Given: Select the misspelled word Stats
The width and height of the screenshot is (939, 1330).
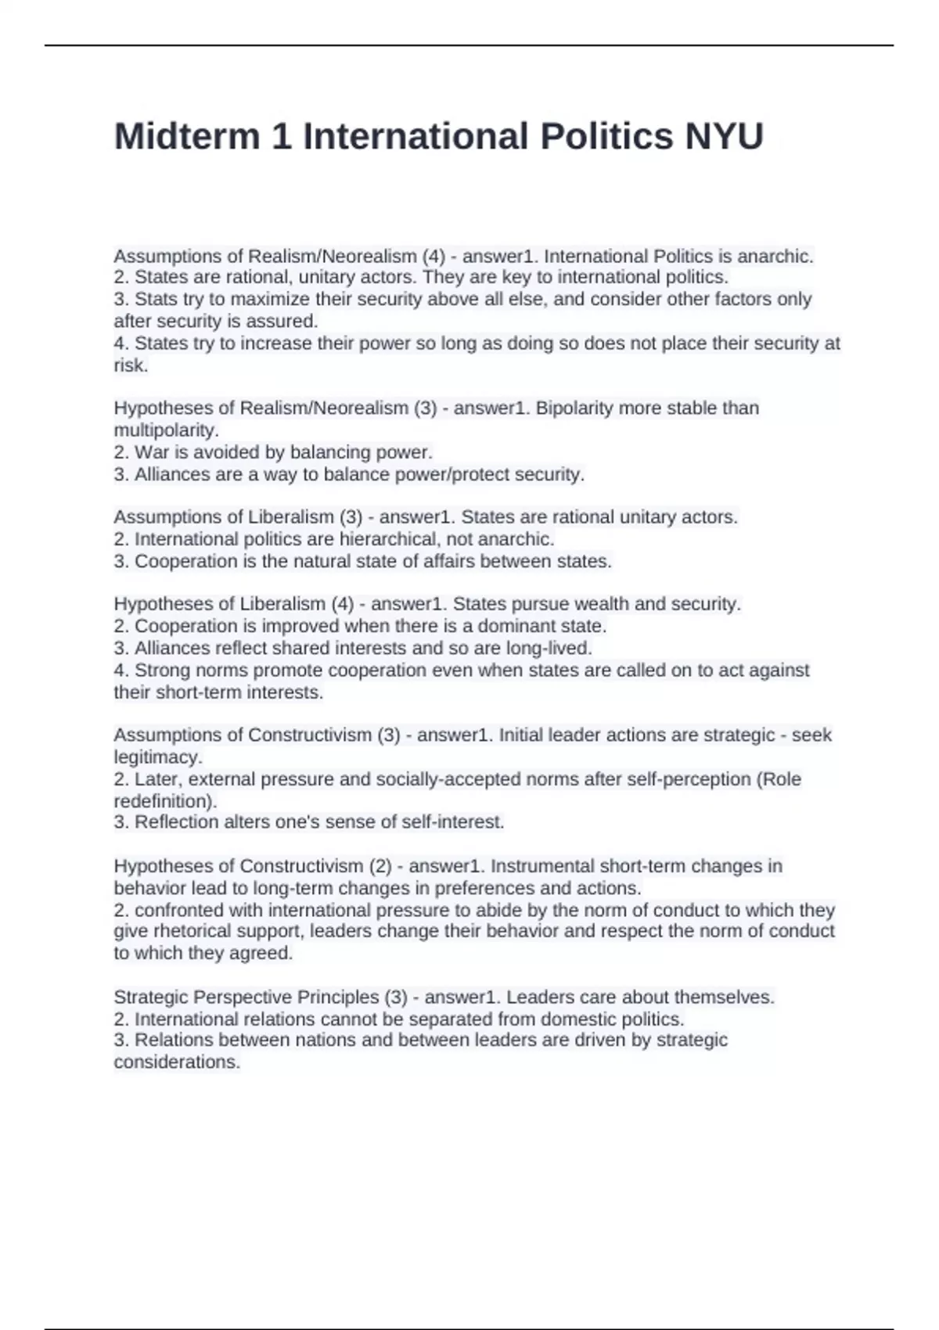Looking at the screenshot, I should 154,299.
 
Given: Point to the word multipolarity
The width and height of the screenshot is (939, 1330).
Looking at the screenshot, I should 165,430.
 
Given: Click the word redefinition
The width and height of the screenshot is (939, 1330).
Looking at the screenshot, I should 164,801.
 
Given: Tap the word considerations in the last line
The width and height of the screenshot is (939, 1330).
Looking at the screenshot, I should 176,1062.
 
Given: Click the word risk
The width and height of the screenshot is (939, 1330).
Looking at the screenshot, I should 130,365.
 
